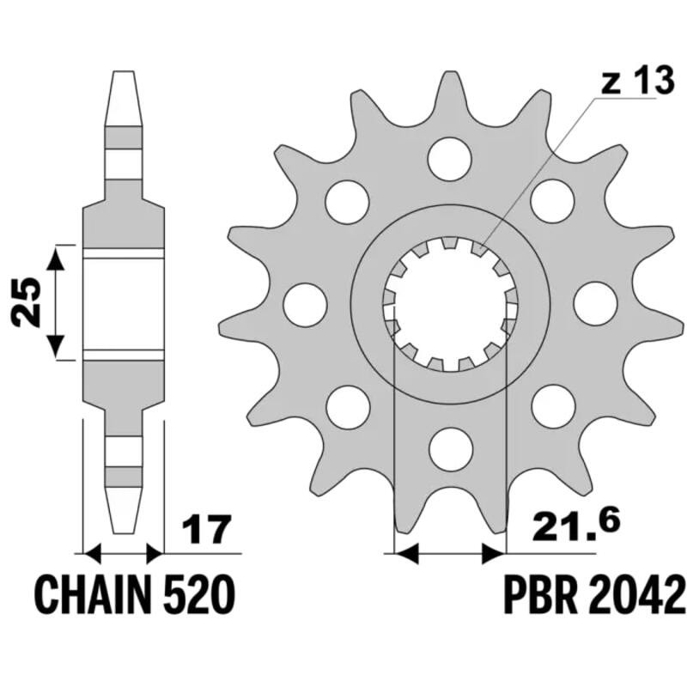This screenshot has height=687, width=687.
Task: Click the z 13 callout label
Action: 636,81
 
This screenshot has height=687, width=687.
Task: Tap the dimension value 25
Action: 27,302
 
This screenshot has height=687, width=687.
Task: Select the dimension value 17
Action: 206,529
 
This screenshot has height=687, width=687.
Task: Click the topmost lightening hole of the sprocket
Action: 449,159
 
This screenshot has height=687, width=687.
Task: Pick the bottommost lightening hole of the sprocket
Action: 452,449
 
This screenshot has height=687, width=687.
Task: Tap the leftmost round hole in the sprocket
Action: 306,305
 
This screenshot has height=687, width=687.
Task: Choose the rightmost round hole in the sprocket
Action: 595,304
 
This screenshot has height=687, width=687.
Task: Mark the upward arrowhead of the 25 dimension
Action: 55,258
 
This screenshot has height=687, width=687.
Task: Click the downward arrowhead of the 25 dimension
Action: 55,346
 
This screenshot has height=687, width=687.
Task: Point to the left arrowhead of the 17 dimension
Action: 93,554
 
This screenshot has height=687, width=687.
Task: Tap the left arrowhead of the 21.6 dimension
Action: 406,554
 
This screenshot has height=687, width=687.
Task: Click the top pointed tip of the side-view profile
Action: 124,71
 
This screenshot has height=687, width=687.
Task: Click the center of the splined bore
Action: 450,304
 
